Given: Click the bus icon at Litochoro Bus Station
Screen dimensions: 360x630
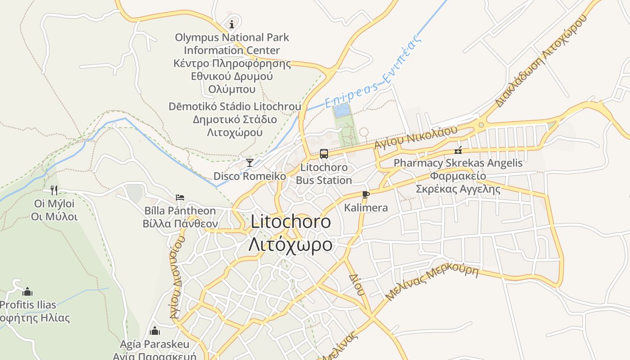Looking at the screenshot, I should tap(324, 154).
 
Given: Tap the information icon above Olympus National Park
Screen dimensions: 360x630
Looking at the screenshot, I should tap(232, 23).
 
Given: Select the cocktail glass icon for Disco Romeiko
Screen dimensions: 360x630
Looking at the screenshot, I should tap(250, 162).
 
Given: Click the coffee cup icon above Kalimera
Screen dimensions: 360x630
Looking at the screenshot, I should tap(365, 194).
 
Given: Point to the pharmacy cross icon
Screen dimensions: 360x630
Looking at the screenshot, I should tap(458, 150).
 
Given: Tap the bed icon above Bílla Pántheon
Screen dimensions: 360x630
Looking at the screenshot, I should tap(180, 198).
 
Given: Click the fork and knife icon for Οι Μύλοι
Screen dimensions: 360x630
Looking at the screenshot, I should tap(54, 190).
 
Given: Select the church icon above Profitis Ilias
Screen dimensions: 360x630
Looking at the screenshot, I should tap(27, 292).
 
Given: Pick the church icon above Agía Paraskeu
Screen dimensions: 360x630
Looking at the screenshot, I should tap(155, 331).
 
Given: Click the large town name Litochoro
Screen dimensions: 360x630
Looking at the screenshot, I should tap(291, 221).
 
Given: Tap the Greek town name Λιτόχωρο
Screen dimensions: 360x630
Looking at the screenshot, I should tap(291, 245).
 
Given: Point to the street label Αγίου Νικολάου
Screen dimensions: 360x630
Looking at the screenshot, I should tap(416, 137).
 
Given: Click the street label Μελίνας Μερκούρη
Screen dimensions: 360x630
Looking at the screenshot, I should tap(432, 283).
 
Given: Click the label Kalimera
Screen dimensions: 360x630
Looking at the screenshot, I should tap(366, 208).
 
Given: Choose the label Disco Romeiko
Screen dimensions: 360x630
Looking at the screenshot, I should tap(250, 176).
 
